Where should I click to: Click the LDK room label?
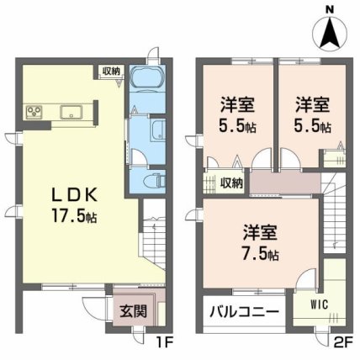click(75, 194)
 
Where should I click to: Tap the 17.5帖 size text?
click(75, 216)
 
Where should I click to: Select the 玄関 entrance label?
click(133, 311)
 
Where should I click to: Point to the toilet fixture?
click(155, 181)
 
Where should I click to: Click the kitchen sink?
click(71, 112)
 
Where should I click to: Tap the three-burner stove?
click(34, 112)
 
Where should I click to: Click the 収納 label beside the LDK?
click(111, 71)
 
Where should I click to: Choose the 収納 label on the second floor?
click(231, 183)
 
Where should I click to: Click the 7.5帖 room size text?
click(261, 254)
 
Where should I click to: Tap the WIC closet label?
click(320, 304)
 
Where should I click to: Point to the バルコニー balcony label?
click(245, 311)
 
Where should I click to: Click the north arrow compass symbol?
click(330, 34)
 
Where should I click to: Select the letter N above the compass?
click(330, 10)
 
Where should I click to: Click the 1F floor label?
click(166, 342)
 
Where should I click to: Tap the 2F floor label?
click(342, 342)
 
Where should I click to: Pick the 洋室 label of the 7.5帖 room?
click(260, 233)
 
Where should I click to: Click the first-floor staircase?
click(152, 234)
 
